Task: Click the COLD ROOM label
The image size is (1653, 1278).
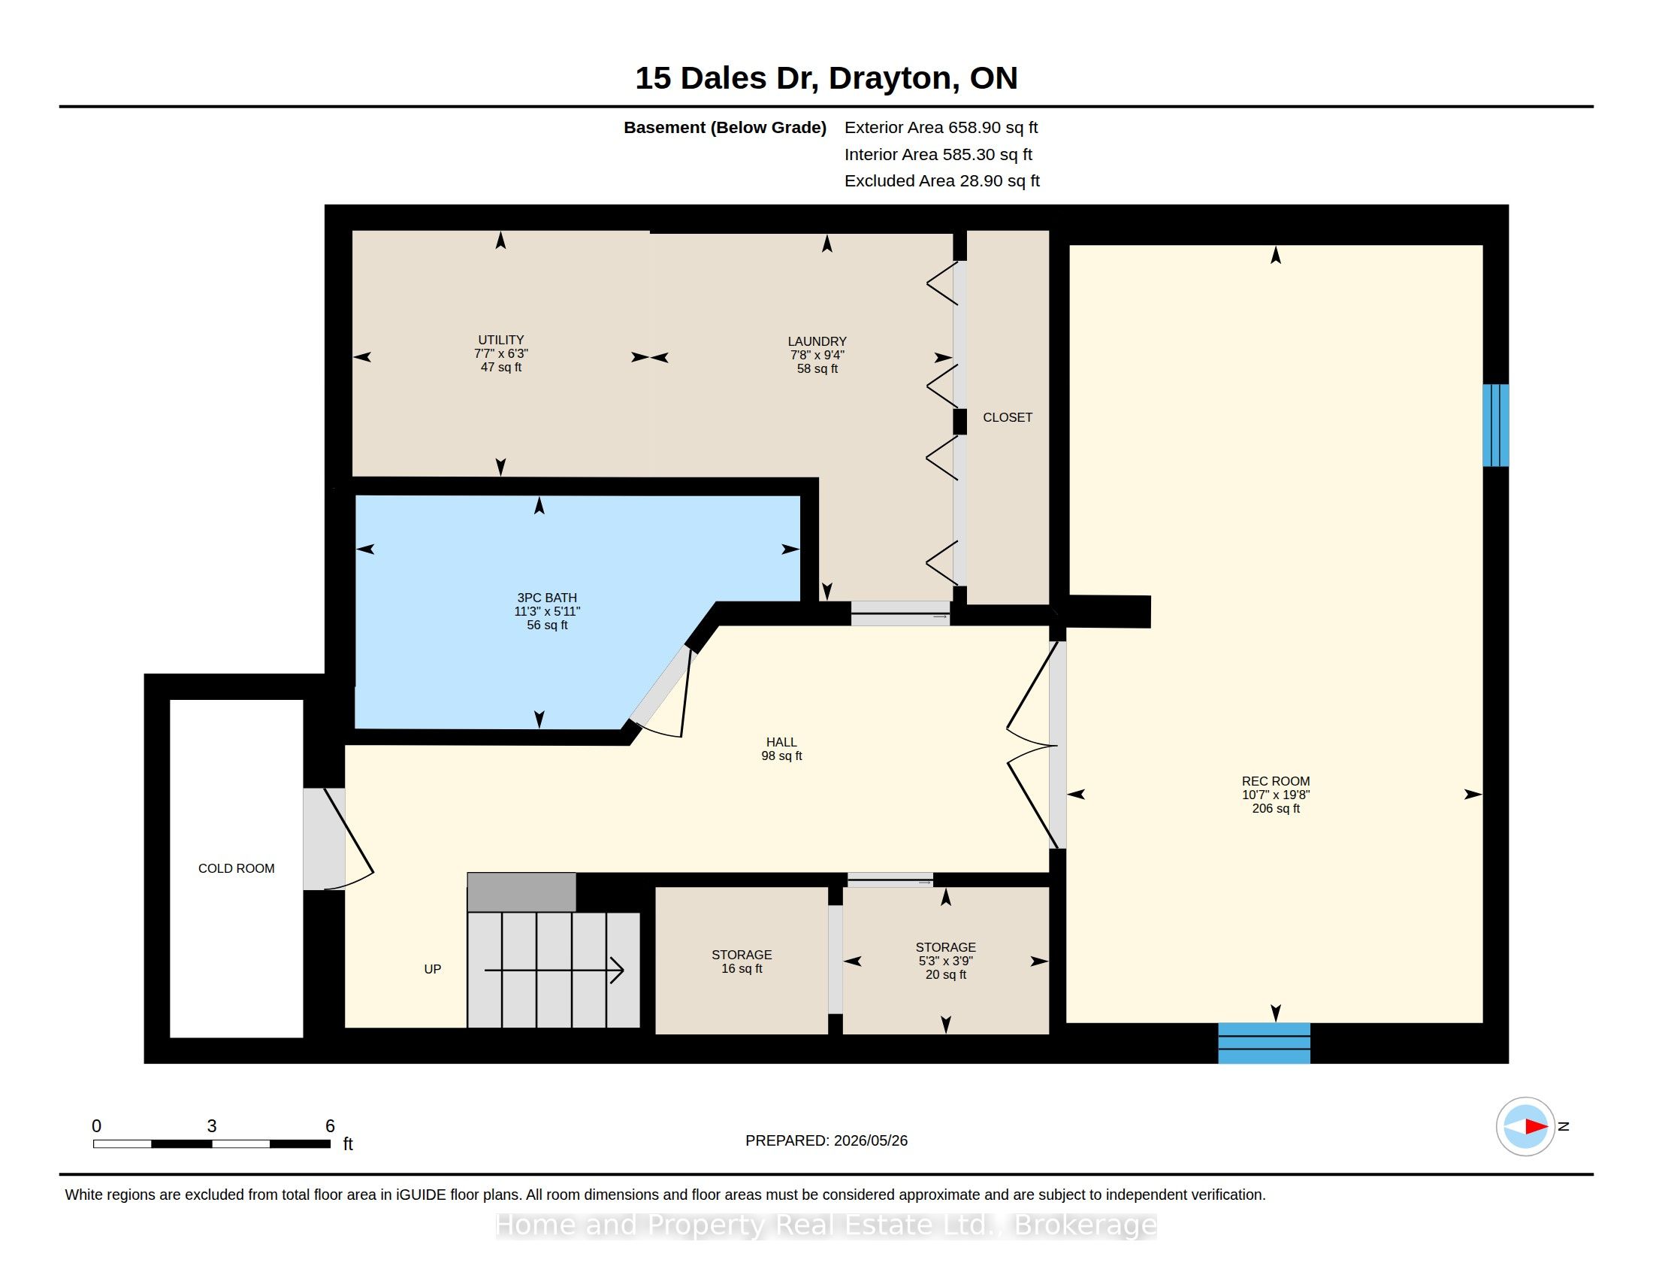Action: (236, 868)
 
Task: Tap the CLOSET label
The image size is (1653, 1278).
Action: (1008, 417)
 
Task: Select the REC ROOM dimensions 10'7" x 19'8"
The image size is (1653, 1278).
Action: (1275, 795)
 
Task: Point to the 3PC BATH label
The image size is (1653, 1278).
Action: (547, 598)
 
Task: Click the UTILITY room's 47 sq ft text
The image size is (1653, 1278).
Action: (501, 367)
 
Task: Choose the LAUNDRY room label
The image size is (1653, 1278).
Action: (817, 341)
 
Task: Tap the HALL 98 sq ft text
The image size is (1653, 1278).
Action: (782, 756)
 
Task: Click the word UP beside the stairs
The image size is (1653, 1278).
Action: (432, 969)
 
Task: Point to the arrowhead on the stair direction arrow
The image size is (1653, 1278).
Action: (618, 970)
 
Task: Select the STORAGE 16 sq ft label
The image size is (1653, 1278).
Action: (742, 962)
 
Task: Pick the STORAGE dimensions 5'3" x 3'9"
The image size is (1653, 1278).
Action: (945, 961)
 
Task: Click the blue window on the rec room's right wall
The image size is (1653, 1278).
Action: (1495, 425)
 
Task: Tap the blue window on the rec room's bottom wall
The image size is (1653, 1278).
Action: (1264, 1043)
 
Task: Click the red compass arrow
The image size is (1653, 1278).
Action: (1536, 1127)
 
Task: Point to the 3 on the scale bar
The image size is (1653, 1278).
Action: (212, 1126)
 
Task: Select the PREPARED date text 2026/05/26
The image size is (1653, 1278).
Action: (870, 1140)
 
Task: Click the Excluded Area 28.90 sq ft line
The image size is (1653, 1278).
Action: (942, 181)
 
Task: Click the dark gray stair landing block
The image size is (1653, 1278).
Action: (521, 892)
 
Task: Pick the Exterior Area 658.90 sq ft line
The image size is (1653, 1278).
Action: (941, 128)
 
